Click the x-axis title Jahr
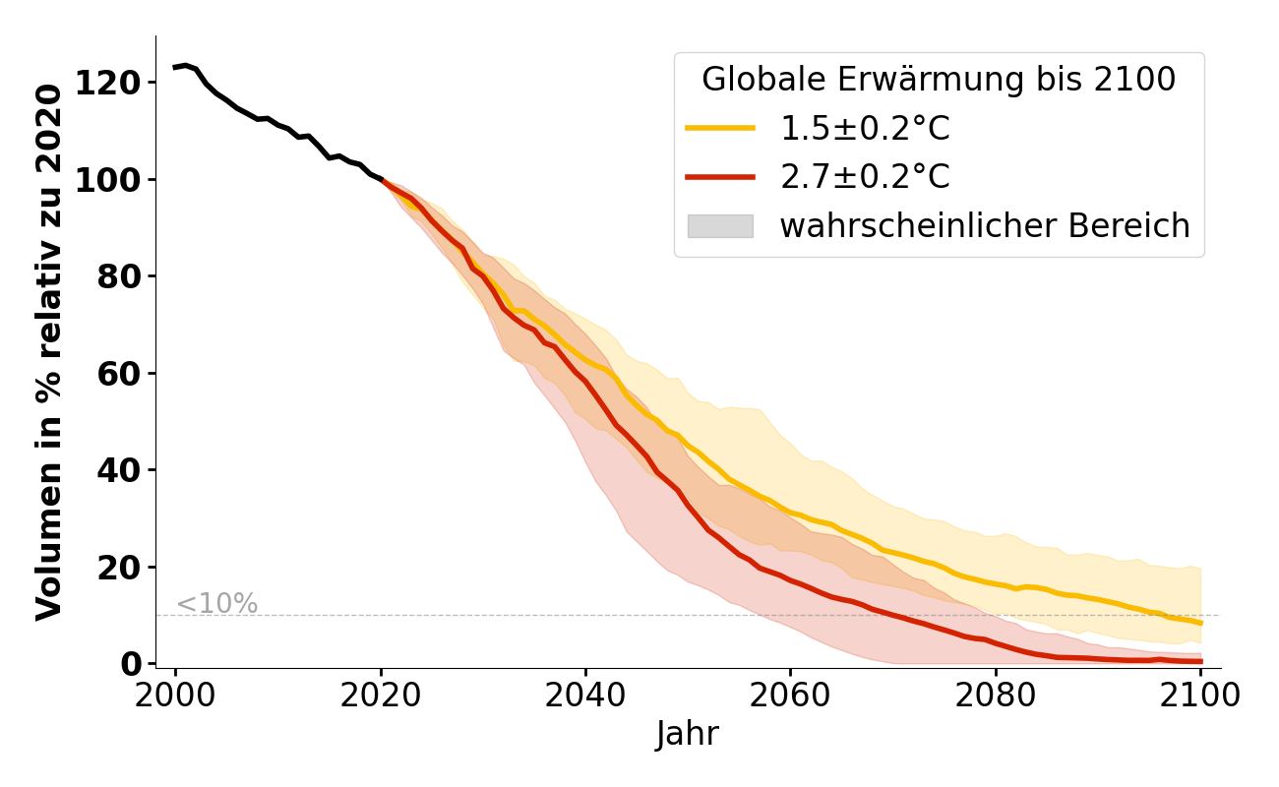click(x=688, y=734)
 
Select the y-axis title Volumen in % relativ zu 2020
click(x=49, y=351)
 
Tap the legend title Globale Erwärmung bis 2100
click(x=939, y=80)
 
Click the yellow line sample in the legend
click(x=720, y=129)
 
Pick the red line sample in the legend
click(x=720, y=177)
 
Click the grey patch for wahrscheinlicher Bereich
click(x=720, y=226)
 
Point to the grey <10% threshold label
click(x=216, y=604)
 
